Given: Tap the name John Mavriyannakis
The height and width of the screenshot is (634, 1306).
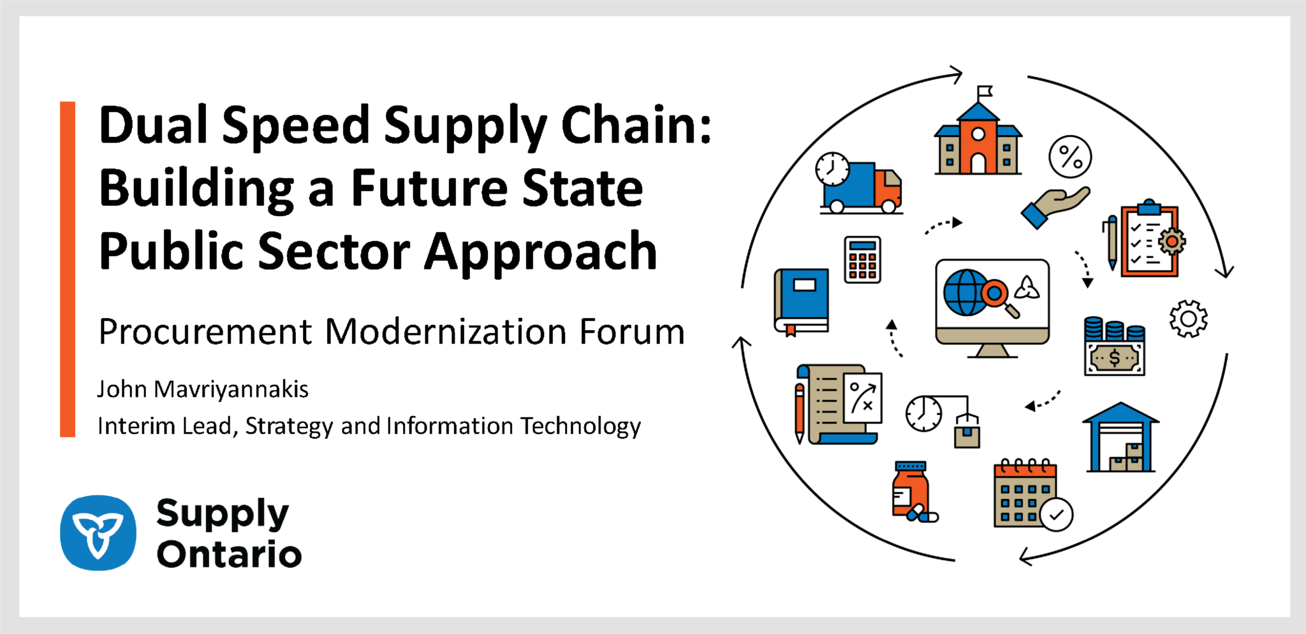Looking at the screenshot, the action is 203,389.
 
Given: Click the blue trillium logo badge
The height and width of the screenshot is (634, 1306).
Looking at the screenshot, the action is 98,533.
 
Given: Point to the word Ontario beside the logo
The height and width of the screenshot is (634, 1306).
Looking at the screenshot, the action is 230,554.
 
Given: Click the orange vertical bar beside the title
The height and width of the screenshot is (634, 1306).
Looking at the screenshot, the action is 68,269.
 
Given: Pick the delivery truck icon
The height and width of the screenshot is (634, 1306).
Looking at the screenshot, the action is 859,183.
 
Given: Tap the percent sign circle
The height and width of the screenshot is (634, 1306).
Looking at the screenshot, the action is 1070,157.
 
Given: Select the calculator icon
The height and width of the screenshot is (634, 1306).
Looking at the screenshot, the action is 863,260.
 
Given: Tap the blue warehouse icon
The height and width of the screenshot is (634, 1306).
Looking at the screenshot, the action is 1120,437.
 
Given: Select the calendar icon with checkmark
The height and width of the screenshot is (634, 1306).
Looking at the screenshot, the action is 1032,494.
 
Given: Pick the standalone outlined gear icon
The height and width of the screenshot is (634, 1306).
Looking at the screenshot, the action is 1188,319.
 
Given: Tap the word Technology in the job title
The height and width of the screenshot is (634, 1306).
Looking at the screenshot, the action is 580,426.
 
